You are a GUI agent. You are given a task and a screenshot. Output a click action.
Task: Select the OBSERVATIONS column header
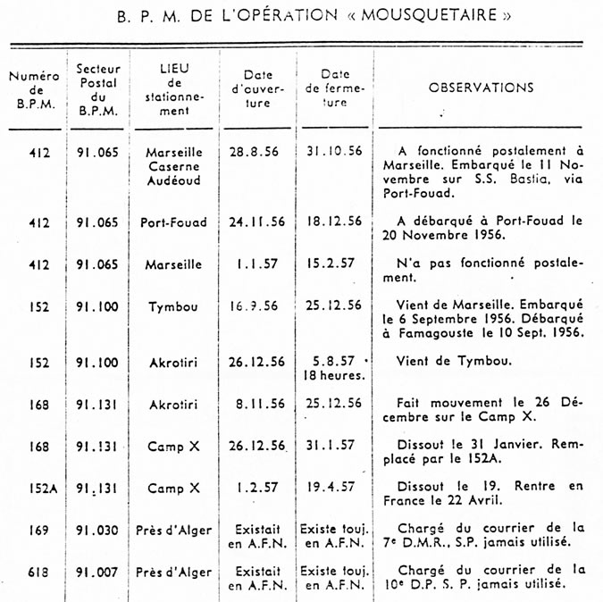pyautogui.click(x=481, y=88)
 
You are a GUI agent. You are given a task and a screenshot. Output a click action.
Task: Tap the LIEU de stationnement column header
pyautogui.click(x=175, y=89)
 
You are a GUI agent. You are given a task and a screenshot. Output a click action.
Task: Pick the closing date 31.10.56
pyautogui.click(x=332, y=151)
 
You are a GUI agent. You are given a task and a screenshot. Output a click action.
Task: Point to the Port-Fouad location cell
pyautogui.click(x=173, y=222)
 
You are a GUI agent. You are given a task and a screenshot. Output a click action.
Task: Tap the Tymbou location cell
pyautogui.click(x=174, y=306)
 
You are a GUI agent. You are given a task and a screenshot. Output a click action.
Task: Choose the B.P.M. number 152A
pyautogui.click(x=38, y=489)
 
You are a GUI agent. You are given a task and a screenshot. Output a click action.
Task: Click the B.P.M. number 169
pyautogui.click(x=38, y=530)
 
